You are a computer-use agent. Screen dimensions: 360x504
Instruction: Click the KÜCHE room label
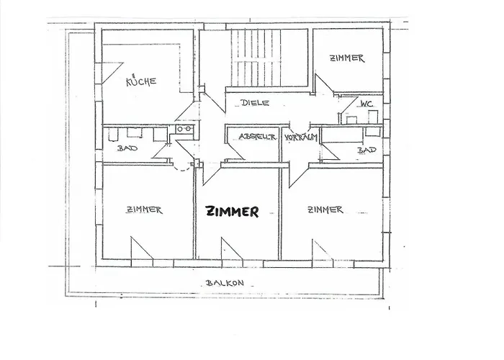(x=142, y=81)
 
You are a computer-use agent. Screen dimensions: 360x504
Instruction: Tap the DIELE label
(x=255, y=103)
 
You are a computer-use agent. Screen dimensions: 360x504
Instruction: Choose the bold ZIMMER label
(x=232, y=212)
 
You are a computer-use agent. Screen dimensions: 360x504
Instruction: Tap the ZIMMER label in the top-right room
(x=347, y=58)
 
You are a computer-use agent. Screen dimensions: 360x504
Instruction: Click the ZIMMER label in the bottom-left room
(x=144, y=210)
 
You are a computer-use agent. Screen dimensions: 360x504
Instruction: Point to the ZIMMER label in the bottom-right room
(x=325, y=210)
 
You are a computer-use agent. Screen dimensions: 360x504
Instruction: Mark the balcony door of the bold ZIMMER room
(x=230, y=248)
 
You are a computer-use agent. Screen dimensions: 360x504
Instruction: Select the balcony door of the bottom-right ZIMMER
(x=321, y=248)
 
